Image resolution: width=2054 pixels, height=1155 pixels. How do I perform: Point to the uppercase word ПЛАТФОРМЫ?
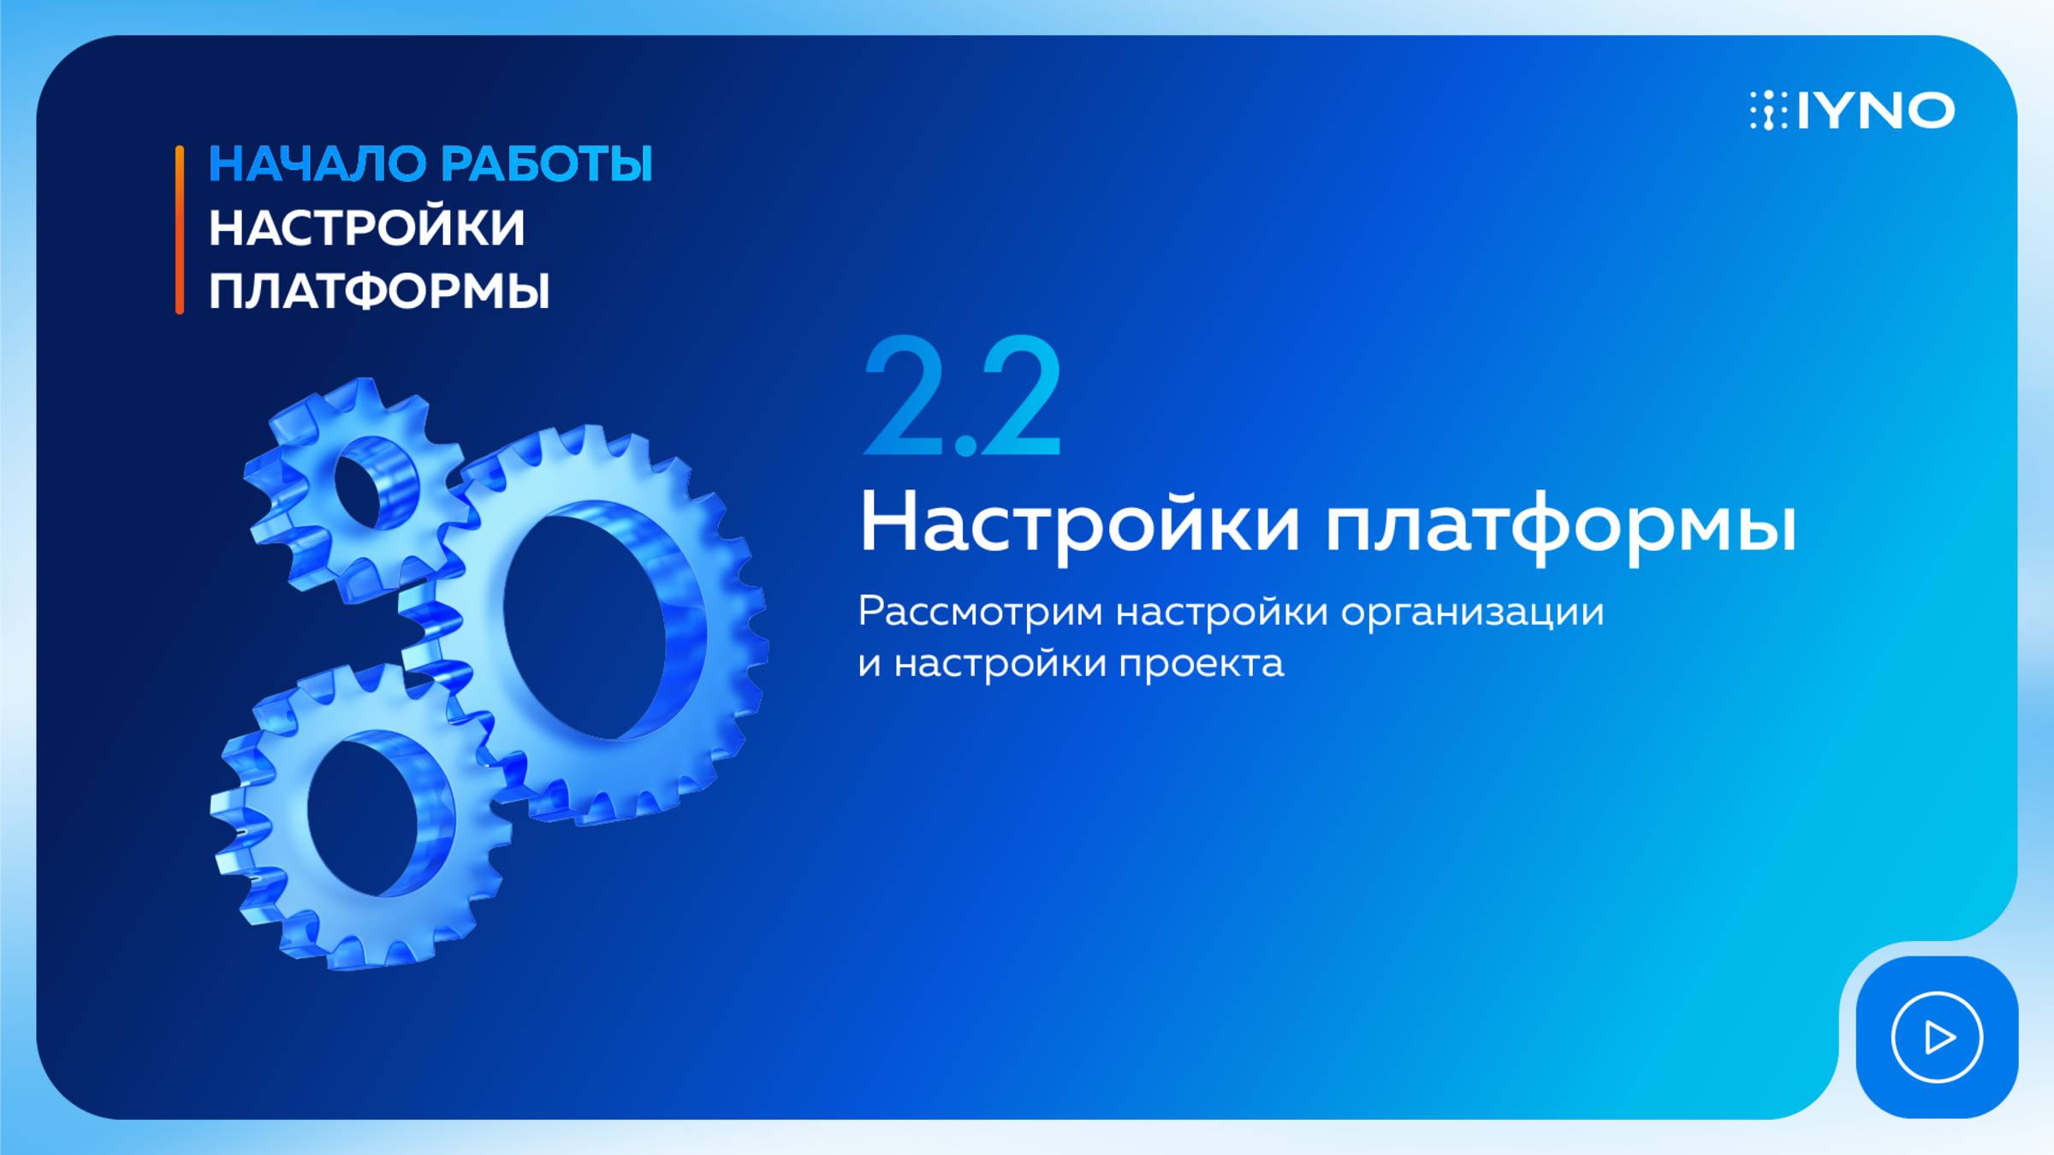coord(379,291)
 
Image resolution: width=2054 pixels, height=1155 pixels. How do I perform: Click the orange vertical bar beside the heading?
coord(180,229)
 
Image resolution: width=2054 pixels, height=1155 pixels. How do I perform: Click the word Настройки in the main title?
coord(1080,522)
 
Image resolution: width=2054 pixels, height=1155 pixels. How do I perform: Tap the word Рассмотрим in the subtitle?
coord(980,612)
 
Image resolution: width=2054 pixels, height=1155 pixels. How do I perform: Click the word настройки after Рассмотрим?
coord(1222,613)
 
